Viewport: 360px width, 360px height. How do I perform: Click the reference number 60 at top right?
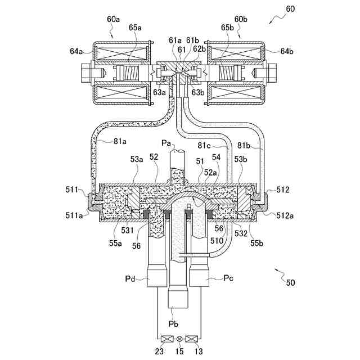coord(289,10)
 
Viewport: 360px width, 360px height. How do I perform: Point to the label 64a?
coord(76,51)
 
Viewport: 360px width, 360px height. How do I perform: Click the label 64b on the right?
coord(287,51)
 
